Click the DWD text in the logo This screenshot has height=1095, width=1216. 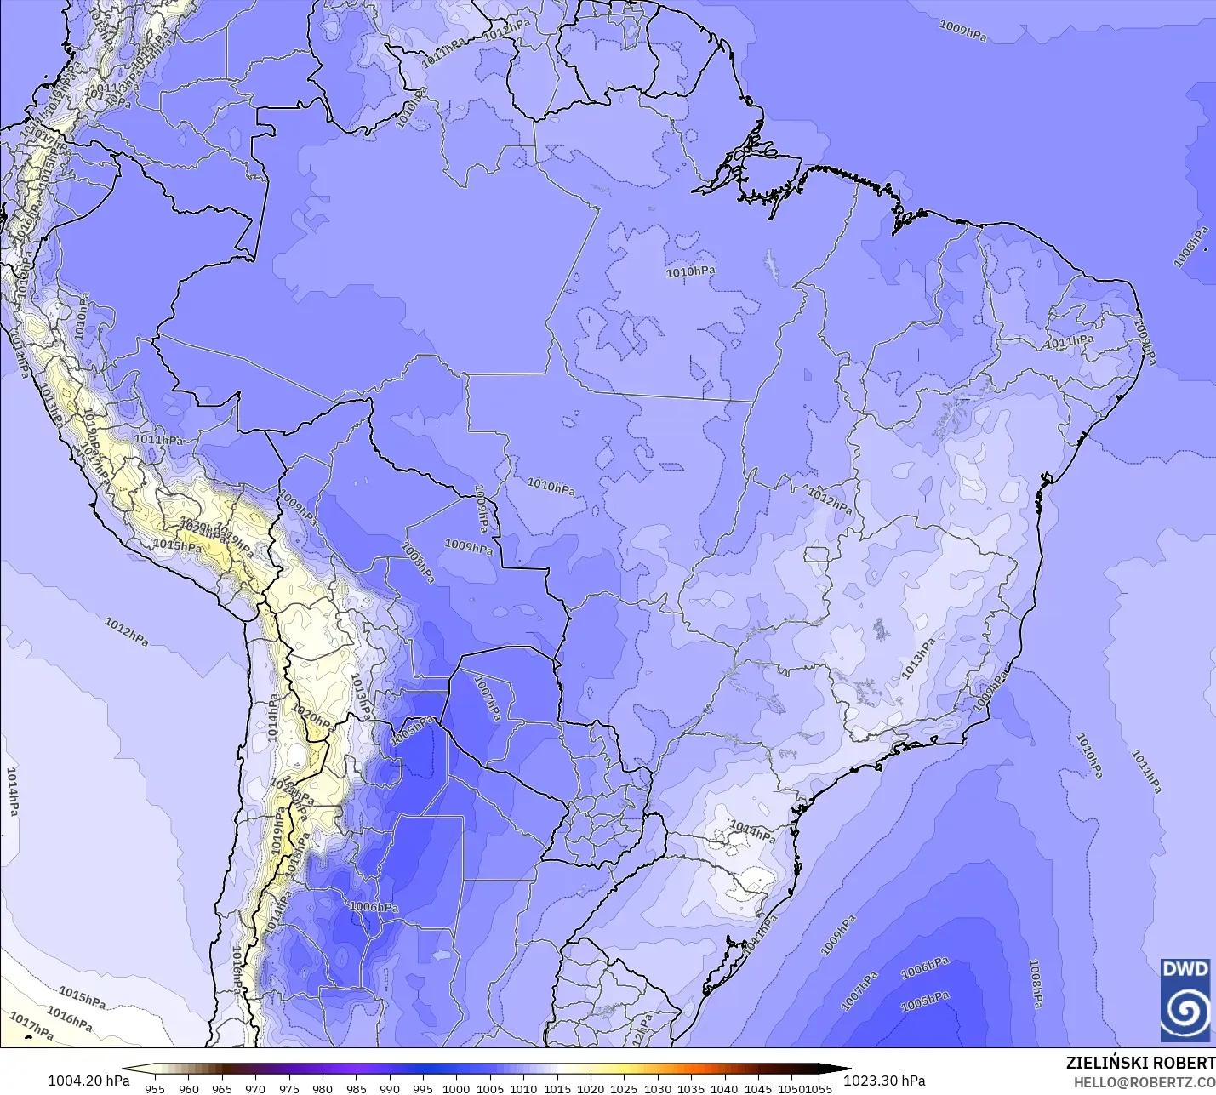(x=1185, y=969)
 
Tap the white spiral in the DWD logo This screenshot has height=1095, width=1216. (x=1185, y=1011)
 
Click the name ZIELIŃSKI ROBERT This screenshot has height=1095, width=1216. (x=1140, y=1063)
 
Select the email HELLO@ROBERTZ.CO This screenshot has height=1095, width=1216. (x=1144, y=1082)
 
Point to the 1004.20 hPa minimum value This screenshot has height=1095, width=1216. (x=88, y=1081)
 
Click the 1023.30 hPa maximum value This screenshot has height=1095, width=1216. (x=884, y=1081)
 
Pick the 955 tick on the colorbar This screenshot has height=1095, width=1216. (x=155, y=1088)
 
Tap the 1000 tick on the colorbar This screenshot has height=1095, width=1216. (x=456, y=1088)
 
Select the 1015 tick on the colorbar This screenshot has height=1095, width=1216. (x=557, y=1088)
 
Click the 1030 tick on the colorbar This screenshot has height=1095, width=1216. (x=657, y=1088)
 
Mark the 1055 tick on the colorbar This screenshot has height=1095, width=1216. (x=819, y=1088)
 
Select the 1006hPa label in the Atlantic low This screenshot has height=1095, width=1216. (x=925, y=967)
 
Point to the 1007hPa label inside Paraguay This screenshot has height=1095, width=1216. (x=487, y=699)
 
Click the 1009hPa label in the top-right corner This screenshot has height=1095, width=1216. (x=962, y=31)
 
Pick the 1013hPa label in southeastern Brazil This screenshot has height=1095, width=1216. (x=918, y=659)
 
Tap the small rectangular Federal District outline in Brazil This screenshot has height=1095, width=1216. (x=816, y=555)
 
